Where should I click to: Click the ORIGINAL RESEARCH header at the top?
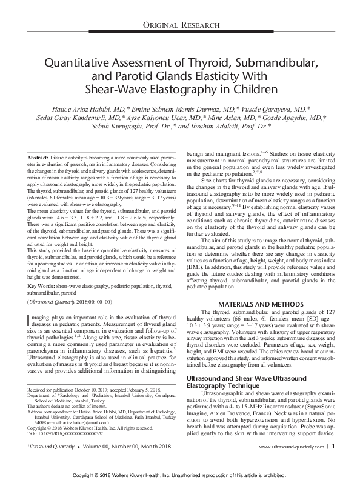tap(179, 24)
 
